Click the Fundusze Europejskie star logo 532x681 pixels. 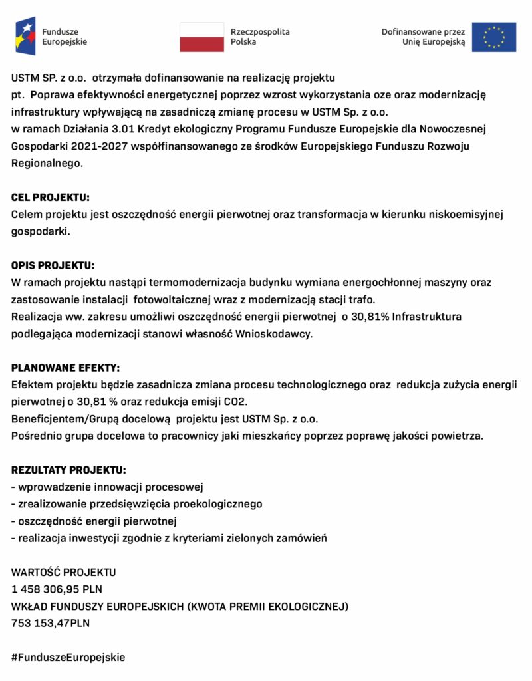click(25, 37)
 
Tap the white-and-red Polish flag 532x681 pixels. click(201, 37)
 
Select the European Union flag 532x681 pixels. click(493, 37)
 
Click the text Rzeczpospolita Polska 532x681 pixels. click(260, 37)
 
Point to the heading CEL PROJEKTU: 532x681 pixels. click(51, 198)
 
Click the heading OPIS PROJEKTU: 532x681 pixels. click(53, 265)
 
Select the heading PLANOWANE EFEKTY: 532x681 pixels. click(65, 368)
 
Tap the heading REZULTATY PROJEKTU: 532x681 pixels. click(68, 470)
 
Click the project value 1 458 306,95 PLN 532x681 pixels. click(57, 589)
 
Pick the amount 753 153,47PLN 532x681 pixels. click(51, 623)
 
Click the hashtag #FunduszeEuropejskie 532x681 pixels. click(68, 657)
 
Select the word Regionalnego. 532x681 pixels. click(47, 163)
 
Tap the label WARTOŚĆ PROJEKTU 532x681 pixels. click(64, 572)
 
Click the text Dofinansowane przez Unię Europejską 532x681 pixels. click(424, 37)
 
